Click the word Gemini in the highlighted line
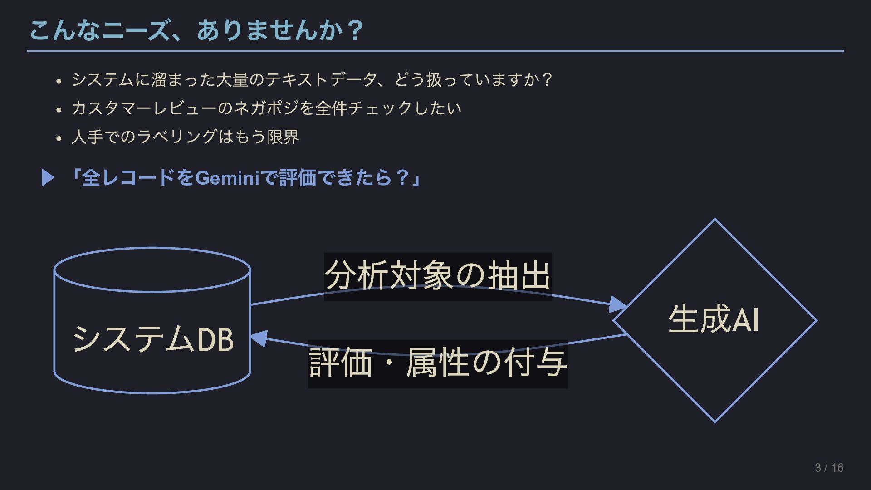click(x=227, y=177)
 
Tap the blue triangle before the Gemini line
click(x=48, y=177)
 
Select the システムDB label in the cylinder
click(x=153, y=339)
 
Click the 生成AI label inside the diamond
click(x=714, y=319)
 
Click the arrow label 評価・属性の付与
click(x=438, y=363)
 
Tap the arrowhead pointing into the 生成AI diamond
click(x=618, y=304)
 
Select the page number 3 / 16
click(x=829, y=468)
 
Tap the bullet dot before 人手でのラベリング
click(x=59, y=138)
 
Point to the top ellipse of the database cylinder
click(x=152, y=269)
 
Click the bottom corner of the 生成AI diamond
click(x=714, y=421)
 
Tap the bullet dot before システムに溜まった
click(x=59, y=82)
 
